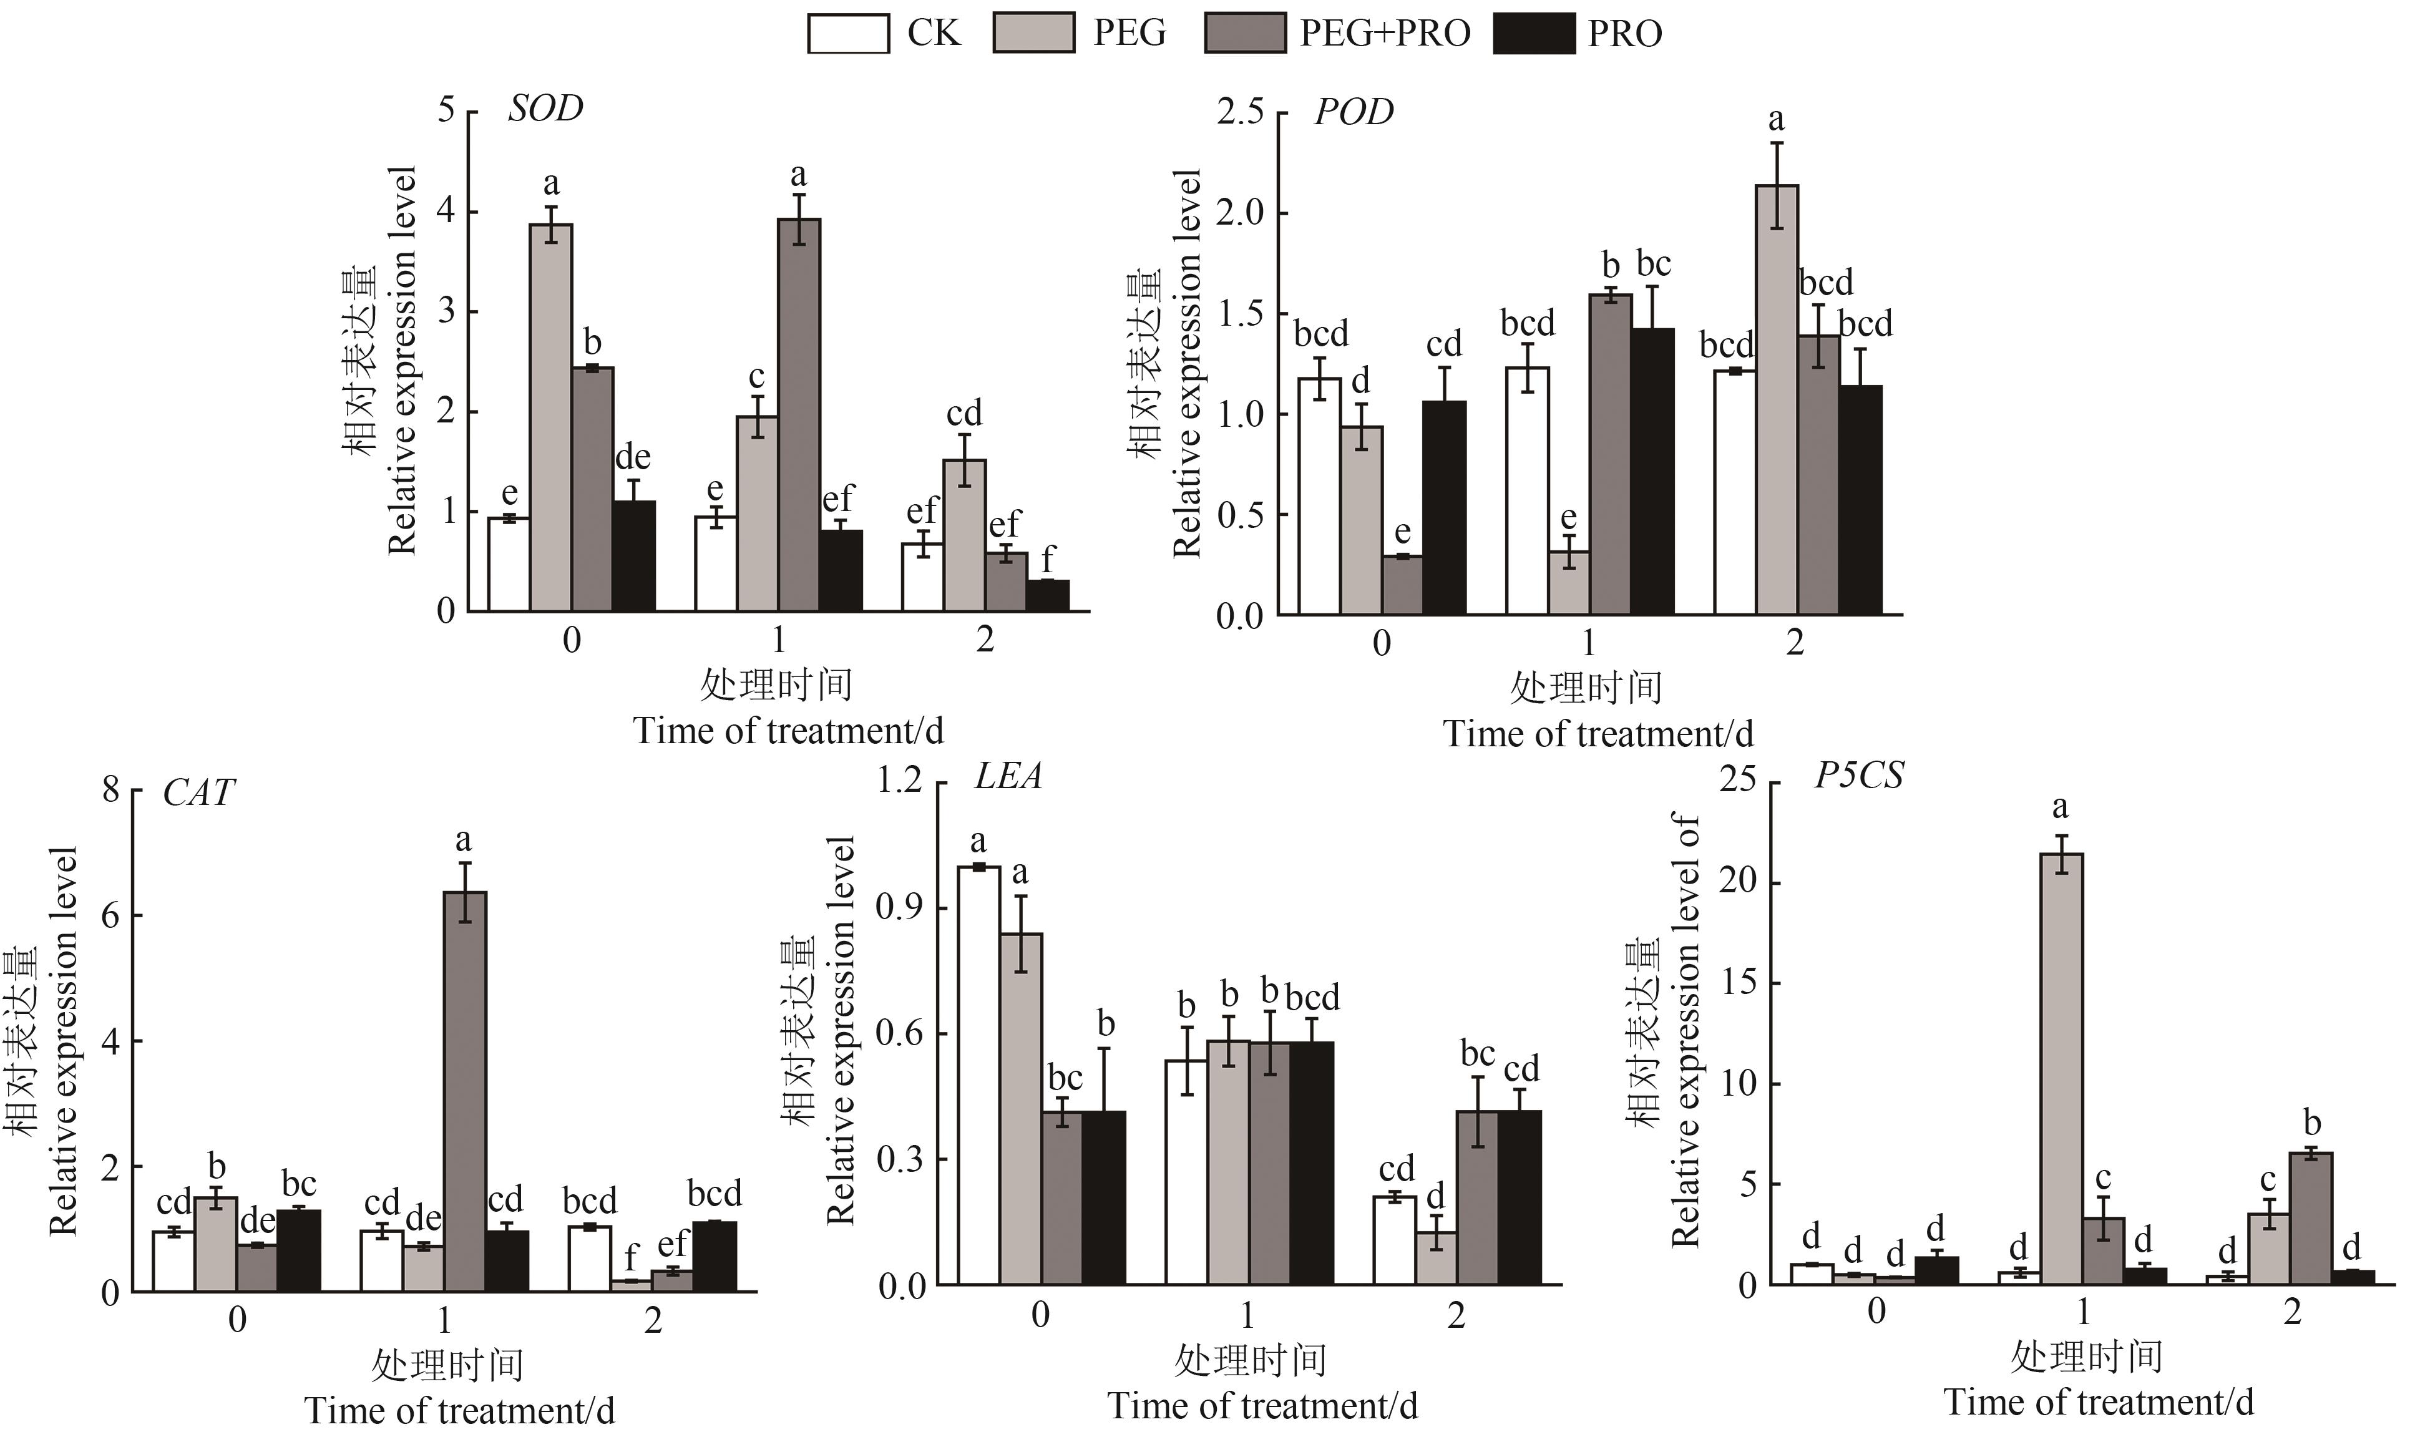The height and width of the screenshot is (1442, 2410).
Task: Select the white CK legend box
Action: [847, 33]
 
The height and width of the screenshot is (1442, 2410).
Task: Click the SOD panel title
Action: [545, 108]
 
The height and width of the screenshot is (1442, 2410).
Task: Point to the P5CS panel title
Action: [1858, 776]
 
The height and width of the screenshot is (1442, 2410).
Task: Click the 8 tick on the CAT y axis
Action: [111, 789]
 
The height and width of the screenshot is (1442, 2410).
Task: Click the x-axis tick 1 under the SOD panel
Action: [778, 640]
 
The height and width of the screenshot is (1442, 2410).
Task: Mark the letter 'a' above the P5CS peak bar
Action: [2060, 807]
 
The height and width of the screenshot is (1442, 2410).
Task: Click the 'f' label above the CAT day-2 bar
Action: [632, 1257]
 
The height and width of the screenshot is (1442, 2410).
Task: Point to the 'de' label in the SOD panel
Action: [633, 457]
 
